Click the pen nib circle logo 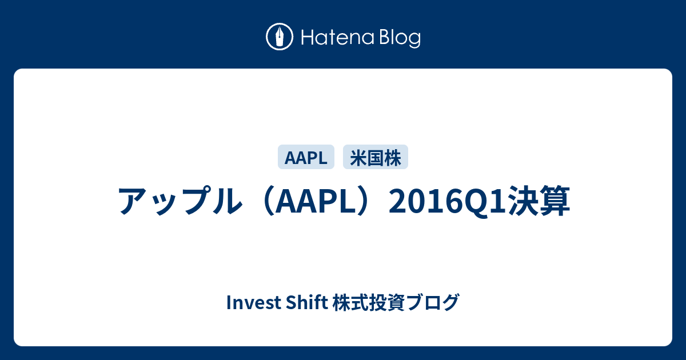(x=280, y=37)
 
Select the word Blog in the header (x=400, y=38)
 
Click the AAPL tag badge (x=306, y=157)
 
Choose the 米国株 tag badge (x=376, y=157)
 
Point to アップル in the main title (x=180, y=201)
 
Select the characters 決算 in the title (x=539, y=201)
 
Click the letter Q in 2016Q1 (x=476, y=203)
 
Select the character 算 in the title (x=555, y=201)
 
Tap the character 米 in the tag (x=358, y=158)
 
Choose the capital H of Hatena (x=308, y=38)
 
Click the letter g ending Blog (x=414, y=41)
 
